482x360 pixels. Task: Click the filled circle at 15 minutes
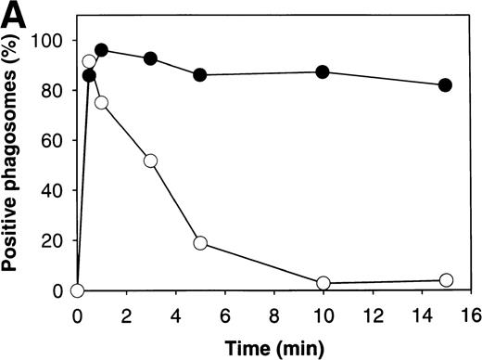coord(445,85)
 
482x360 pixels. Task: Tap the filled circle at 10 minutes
coord(323,72)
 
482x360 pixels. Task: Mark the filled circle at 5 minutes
coord(200,75)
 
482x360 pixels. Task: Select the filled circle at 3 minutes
coord(151,58)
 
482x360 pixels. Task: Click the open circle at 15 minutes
coord(445,280)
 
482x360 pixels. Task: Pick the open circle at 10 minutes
coord(323,283)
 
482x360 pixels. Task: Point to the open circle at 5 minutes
coord(200,243)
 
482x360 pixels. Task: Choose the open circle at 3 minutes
coord(151,161)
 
